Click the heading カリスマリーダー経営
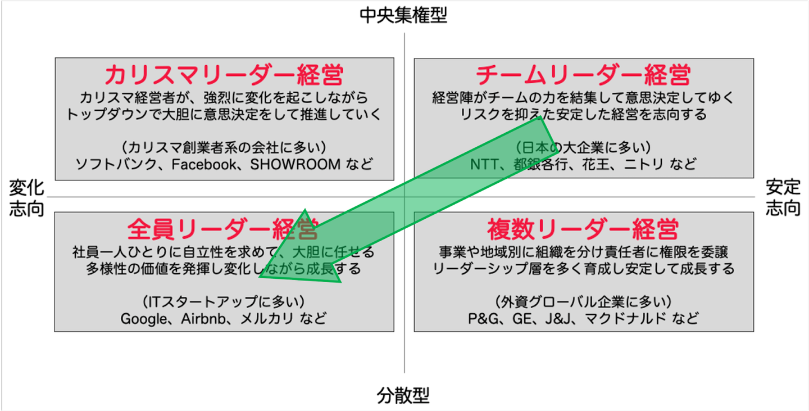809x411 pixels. pos(224,75)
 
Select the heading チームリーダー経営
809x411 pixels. pos(583,75)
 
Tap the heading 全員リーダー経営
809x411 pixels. pos(223,229)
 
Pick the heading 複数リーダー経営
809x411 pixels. pos(583,229)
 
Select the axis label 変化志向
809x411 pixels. pos(26,198)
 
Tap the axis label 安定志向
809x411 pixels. pos(783,198)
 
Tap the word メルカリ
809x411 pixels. pos(266,318)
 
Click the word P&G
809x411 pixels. pos(484,318)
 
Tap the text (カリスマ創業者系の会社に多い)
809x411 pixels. pos(224,147)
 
